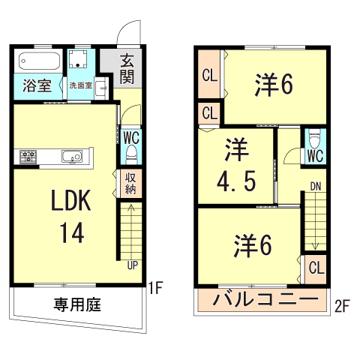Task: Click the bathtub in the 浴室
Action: [x=40, y=61]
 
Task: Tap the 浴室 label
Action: [x=37, y=85]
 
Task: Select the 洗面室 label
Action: [x=81, y=85]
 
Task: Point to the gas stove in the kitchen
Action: [x=28, y=157]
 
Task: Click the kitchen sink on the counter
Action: [x=72, y=157]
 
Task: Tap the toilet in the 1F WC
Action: [x=131, y=155]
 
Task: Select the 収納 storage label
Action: [x=130, y=184]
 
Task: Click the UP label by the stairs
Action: [x=133, y=265]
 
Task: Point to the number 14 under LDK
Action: [x=72, y=233]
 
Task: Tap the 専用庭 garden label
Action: [x=77, y=304]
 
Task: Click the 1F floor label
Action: [x=155, y=287]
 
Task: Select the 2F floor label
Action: [x=342, y=306]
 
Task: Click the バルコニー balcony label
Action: [x=265, y=299]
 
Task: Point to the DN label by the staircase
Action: [x=316, y=187]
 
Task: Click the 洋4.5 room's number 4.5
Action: [x=236, y=181]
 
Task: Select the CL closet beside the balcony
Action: [x=316, y=268]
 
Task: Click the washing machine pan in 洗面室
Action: [x=78, y=59]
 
